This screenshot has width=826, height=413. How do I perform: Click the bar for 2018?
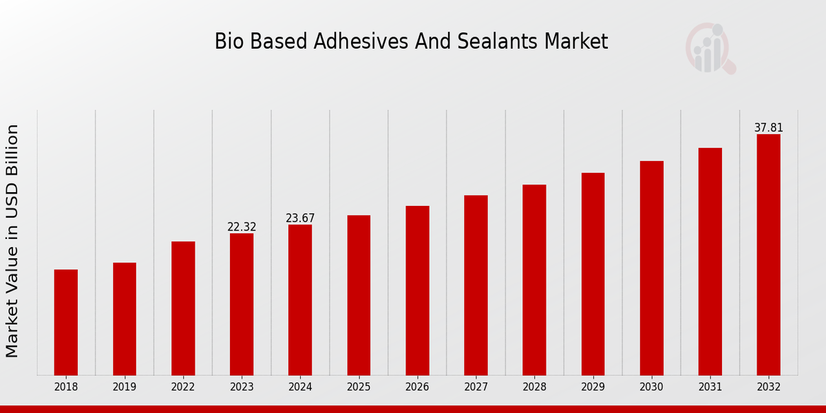point(66,322)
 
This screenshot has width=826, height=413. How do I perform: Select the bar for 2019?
point(125,319)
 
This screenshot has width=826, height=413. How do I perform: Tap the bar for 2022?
point(183,308)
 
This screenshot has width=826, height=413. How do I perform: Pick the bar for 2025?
point(359,295)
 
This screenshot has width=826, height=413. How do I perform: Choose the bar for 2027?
point(476,285)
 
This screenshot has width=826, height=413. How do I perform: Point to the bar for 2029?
point(593,274)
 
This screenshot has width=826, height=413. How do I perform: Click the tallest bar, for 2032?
point(768,255)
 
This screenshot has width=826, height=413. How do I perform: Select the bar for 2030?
point(651,268)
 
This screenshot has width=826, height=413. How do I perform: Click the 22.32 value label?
point(242,227)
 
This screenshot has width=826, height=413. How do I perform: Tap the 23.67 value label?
point(300,218)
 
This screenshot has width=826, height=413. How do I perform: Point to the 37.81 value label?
point(768,128)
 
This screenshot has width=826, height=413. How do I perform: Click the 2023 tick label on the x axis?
point(242,388)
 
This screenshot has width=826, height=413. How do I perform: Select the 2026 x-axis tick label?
point(417,388)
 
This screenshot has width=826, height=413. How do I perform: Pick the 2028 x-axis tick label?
point(534,388)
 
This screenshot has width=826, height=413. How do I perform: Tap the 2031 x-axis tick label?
point(710,388)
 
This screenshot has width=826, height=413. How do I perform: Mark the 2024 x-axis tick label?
point(300,388)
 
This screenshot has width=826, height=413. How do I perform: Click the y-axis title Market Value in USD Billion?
point(12,241)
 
